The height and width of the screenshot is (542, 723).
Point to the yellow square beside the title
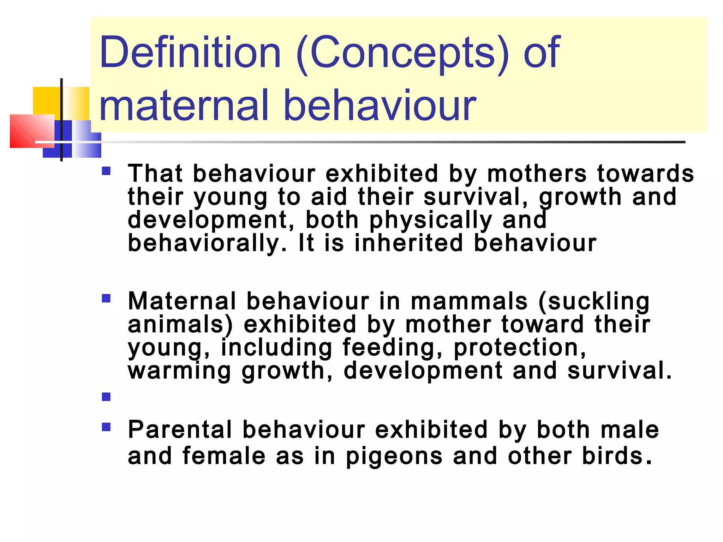48,100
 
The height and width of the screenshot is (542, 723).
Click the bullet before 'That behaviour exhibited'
106,171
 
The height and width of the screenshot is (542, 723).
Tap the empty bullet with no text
106,397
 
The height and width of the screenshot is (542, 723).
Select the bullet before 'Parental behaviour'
106,428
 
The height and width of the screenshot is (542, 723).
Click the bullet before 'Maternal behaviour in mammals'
106,299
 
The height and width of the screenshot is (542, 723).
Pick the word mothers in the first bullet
537,174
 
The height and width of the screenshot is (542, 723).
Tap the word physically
431,221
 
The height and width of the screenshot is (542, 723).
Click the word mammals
469,302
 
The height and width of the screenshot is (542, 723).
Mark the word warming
179,371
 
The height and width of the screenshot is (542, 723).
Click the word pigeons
394,456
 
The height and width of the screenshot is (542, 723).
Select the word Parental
180,430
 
